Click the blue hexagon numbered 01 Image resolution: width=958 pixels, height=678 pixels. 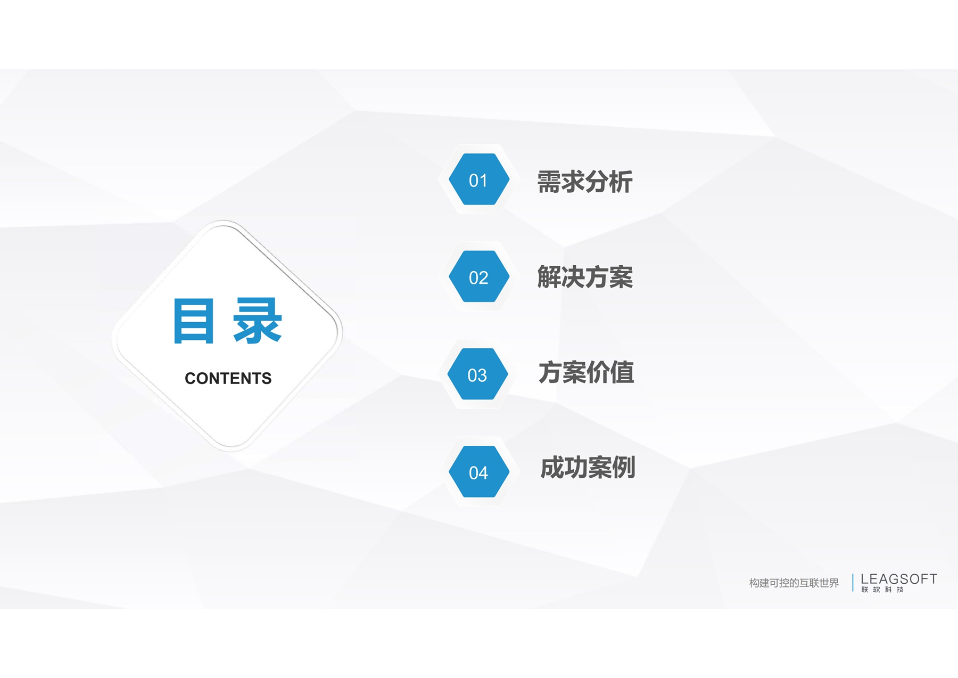click(x=479, y=179)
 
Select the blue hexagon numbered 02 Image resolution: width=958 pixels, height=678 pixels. click(x=479, y=276)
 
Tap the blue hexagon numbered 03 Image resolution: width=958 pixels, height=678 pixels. click(x=478, y=374)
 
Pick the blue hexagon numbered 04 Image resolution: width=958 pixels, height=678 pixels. click(x=479, y=471)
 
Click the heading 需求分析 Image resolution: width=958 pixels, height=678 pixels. click(x=585, y=182)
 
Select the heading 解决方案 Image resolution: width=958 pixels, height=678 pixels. click(x=585, y=277)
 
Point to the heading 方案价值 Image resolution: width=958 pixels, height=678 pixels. click(x=586, y=372)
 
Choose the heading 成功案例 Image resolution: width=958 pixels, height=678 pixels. click(x=588, y=468)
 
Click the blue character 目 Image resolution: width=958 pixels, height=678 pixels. click(x=194, y=321)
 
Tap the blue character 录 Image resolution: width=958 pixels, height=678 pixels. click(x=257, y=321)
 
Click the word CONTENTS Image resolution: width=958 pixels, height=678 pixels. click(x=228, y=378)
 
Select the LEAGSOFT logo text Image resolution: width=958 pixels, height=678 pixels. click(x=899, y=579)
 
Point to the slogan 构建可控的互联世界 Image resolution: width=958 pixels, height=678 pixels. click(x=794, y=583)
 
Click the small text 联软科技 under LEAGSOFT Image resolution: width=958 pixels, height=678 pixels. click(x=882, y=590)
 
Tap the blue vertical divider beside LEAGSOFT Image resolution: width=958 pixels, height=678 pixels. click(x=853, y=583)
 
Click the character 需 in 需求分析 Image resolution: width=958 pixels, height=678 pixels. click(x=549, y=182)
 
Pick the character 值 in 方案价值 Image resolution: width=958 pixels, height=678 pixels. click(x=622, y=372)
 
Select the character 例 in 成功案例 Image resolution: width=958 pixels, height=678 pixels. click(x=624, y=468)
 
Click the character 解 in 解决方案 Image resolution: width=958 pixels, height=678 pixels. click(x=549, y=277)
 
